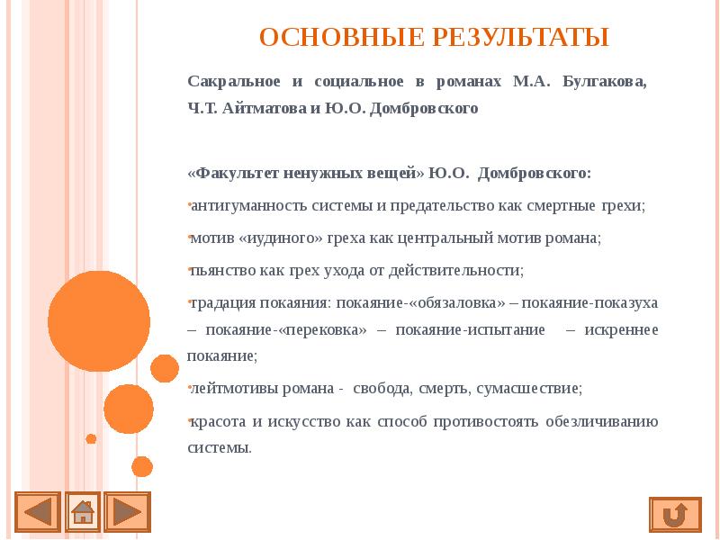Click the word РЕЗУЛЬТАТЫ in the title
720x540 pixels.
524,38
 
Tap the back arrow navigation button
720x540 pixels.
37,512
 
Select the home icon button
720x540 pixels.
83,512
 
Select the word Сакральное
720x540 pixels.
232,82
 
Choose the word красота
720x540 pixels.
215,421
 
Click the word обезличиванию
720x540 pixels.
603,421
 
